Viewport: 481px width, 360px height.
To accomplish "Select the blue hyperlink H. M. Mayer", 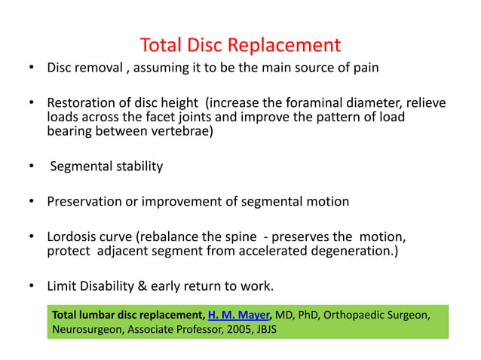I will point(237,314).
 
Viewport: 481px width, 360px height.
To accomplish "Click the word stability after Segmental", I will point(139,166).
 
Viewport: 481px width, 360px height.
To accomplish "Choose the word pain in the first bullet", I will point(366,68).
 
